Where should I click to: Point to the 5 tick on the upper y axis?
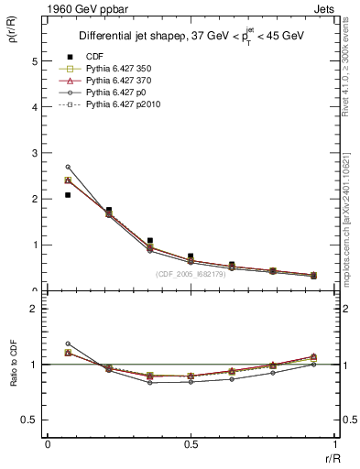pyautogui.click(x=35, y=61)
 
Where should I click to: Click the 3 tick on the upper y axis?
pyautogui.click(x=35, y=153)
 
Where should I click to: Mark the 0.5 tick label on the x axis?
pyautogui.click(x=191, y=444)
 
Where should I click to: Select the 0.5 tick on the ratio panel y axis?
pyautogui.click(x=31, y=420)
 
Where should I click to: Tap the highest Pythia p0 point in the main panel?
pyautogui.click(x=68, y=167)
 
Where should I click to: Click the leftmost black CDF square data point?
pyautogui.click(x=68, y=195)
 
